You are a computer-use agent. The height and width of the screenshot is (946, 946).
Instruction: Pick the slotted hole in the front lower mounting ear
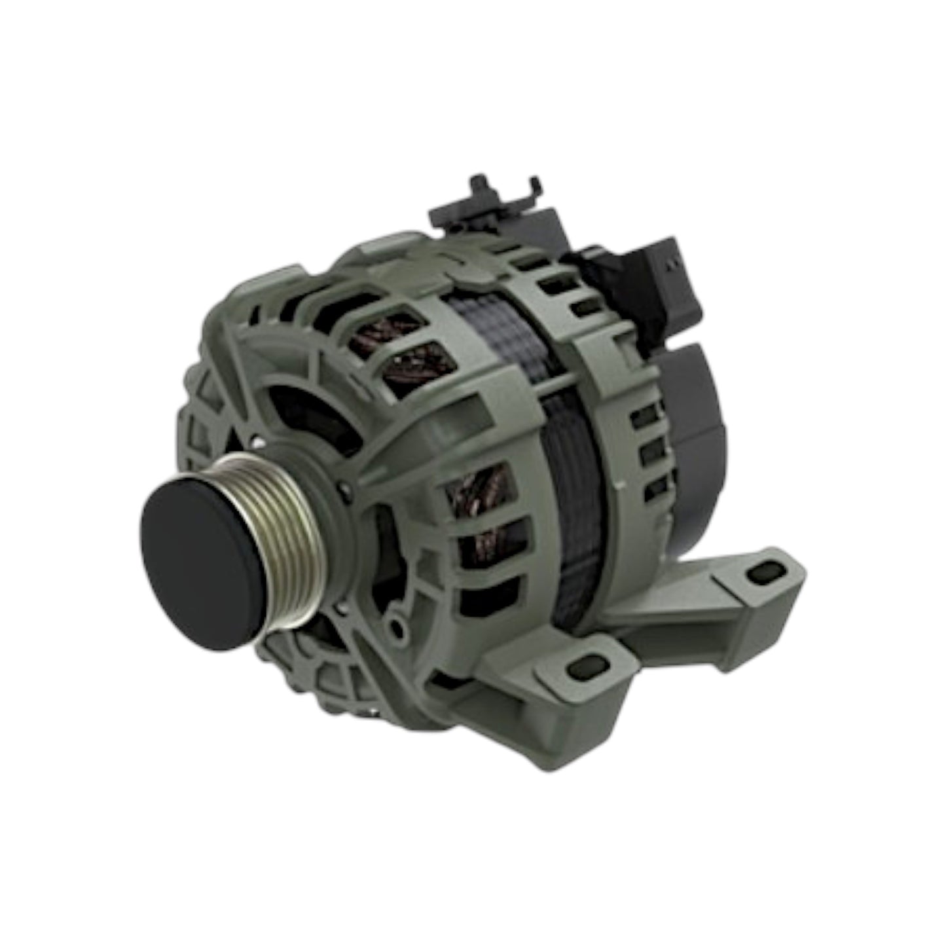pos(583,667)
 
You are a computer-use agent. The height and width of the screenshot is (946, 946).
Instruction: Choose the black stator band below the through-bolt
pos(573,498)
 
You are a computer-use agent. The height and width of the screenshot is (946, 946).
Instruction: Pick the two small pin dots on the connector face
pos(670,263)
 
